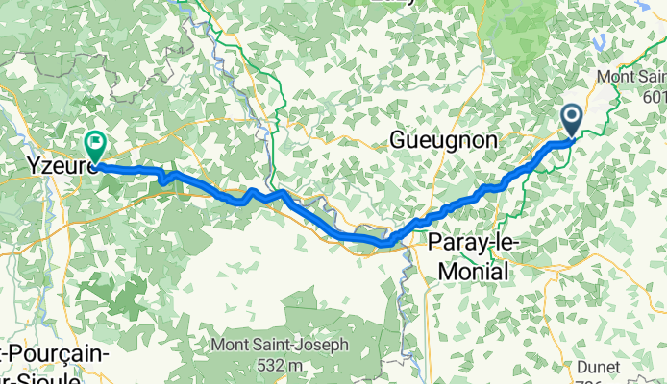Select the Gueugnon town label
point(443,140)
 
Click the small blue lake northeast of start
point(603,42)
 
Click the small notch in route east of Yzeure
point(163,180)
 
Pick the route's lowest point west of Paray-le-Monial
point(383,243)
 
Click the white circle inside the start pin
point(571,117)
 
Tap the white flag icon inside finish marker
point(96,142)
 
